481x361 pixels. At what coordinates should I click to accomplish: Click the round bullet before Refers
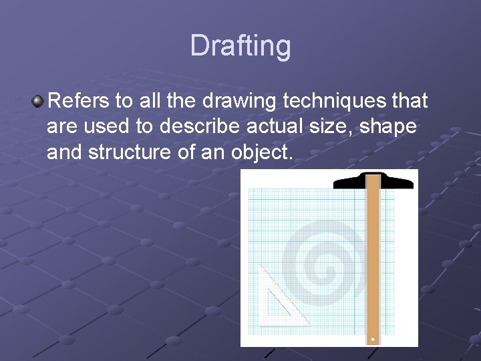click(x=37, y=102)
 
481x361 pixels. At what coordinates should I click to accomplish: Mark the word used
click(x=108, y=127)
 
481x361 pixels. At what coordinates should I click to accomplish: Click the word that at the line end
click(x=410, y=101)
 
